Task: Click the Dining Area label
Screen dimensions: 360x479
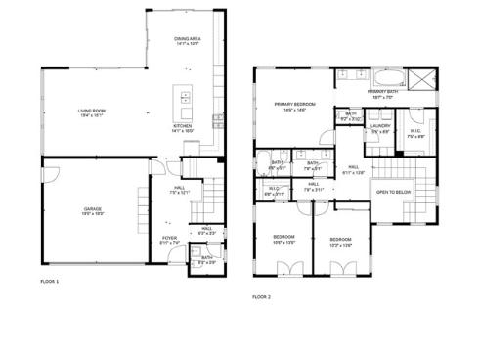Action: [x=188, y=41]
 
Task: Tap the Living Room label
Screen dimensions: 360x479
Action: [x=93, y=112]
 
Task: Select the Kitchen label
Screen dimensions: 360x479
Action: [x=183, y=127]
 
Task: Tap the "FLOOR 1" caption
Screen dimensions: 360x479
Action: [x=50, y=281]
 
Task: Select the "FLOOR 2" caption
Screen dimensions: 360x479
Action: [x=262, y=296]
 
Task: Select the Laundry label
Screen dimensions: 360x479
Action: [x=380, y=126]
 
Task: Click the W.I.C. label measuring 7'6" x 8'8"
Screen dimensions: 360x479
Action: [x=414, y=133]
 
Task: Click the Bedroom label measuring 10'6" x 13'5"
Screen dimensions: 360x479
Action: [x=284, y=239]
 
